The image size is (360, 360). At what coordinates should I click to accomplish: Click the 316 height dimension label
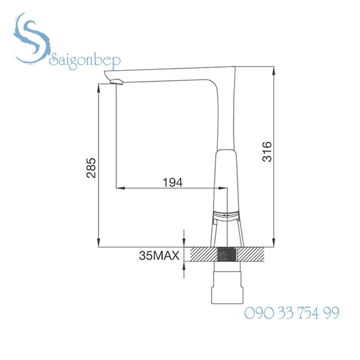[267, 152]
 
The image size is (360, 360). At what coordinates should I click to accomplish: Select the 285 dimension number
[91, 168]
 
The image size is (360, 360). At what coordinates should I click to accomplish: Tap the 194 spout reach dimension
[173, 182]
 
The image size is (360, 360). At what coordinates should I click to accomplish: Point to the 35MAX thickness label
[159, 256]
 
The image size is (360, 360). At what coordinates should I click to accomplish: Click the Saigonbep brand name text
[85, 61]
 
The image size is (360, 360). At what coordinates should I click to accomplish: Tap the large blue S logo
[31, 38]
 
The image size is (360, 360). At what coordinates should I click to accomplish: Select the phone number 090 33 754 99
[292, 313]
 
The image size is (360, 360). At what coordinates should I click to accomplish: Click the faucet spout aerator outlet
[116, 82]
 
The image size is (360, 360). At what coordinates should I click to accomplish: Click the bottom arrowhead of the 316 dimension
[274, 242]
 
